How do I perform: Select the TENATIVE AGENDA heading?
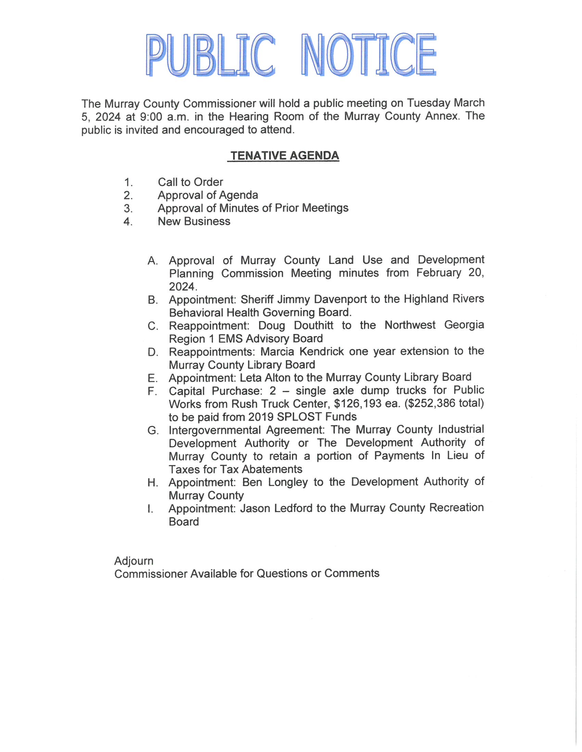pyautogui.click(x=285, y=156)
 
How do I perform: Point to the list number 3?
pyautogui.click(x=128, y=209)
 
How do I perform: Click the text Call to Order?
pyautogui.click(x=190, y=182)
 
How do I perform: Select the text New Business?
pyautogui.click(x=194, y=221)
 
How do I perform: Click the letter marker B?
pyautogui.click(x=152, y=300)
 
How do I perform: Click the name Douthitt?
pyautogui.click(x=313, y=325)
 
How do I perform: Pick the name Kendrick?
pyautogui.click(x=321, y=351)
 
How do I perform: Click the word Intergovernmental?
pyautogui.click(x=214, y=430)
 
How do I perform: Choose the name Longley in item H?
pyautogui.click(x=288, y=482)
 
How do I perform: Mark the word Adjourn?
pyautogui.click(x=134, y=561)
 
